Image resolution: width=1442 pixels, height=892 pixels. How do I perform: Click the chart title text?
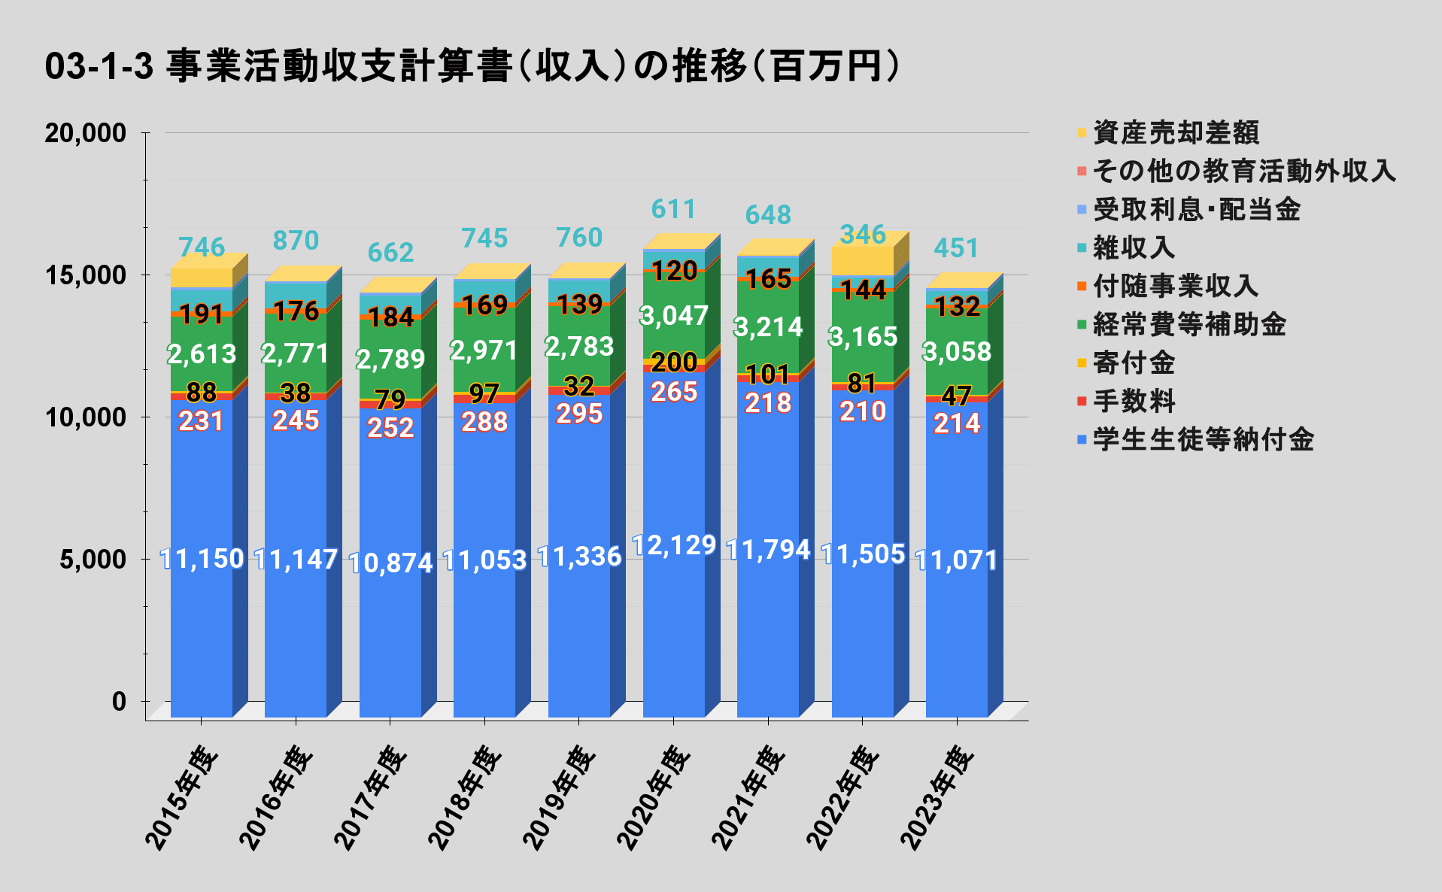pos(472,66)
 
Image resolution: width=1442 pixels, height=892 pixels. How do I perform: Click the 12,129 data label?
pos(674,545)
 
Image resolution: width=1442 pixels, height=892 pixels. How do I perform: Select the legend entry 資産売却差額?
pos(1175,132)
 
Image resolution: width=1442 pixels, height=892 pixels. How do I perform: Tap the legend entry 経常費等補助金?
pos(1189,324)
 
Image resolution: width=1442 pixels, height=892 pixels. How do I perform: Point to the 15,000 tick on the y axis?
pos(85,275)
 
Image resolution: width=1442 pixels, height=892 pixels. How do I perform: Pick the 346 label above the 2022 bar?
pos(863,235)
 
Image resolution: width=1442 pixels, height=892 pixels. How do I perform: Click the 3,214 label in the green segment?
pos(768,327)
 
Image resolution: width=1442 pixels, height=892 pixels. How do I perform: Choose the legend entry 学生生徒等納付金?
pos(1202,439)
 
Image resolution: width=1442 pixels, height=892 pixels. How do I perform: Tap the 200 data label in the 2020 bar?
pos(674,363)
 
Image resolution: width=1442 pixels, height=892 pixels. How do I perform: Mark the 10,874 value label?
pos(391,563)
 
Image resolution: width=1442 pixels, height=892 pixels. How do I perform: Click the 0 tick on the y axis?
pos(119,702)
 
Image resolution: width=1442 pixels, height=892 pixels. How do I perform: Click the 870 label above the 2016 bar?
pos(296,241)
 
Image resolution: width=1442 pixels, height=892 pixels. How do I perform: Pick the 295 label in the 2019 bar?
pos(579,414)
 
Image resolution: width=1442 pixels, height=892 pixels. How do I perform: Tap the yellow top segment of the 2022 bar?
pos(862,260)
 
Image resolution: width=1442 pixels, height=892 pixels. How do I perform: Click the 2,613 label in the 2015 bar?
pos(202,353)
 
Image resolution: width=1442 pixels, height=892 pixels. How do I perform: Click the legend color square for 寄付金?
pos(1082,363)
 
